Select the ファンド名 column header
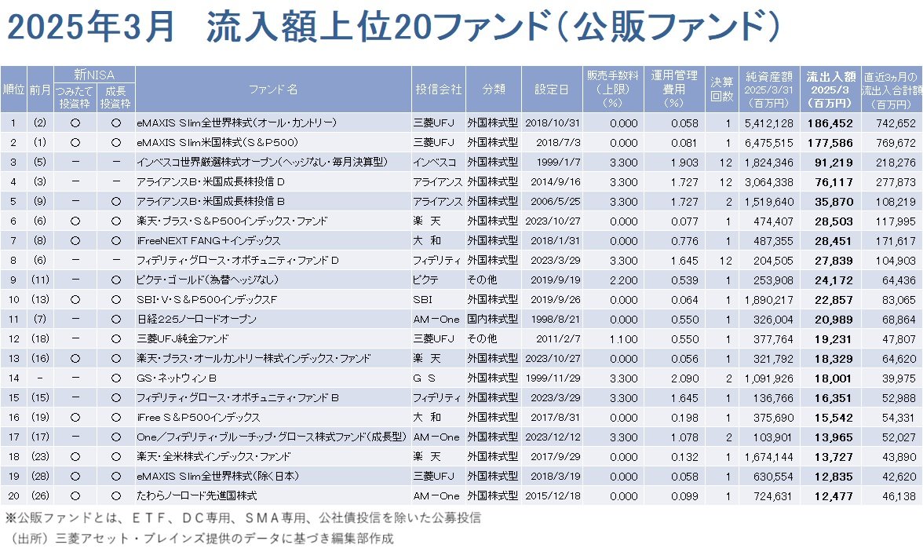(272, 90)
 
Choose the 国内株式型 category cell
(492, 319)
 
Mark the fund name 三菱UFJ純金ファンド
(183, 338)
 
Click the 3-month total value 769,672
(893, 142)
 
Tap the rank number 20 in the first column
(13, 495)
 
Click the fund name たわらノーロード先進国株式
(197, 495)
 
